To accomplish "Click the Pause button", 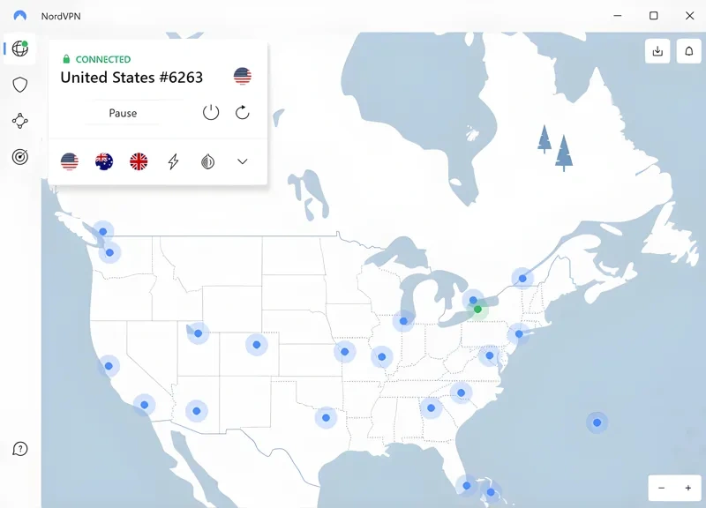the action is click(123, 113).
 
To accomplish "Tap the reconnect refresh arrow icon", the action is click(243, 112).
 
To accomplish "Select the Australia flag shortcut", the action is click(104, 161).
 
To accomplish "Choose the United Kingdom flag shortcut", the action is click(139, 161).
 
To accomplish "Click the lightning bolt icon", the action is click(173, 161).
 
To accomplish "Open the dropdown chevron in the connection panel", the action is click(243, 161).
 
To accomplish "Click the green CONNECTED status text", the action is click(102, 59).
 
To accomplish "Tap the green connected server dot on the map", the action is click(478, 310).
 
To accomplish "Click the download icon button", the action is click(657, 51).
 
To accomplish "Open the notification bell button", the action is click(687, 51).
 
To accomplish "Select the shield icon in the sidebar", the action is click(20, 85).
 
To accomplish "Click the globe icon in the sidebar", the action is click(19, 49).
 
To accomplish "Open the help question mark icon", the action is click(20, 449).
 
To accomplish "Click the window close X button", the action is click(689, 16).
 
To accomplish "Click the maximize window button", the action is click(653, 16).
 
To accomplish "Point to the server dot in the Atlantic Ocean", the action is click(597, 422).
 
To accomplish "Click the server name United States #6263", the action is click(131, 78).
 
